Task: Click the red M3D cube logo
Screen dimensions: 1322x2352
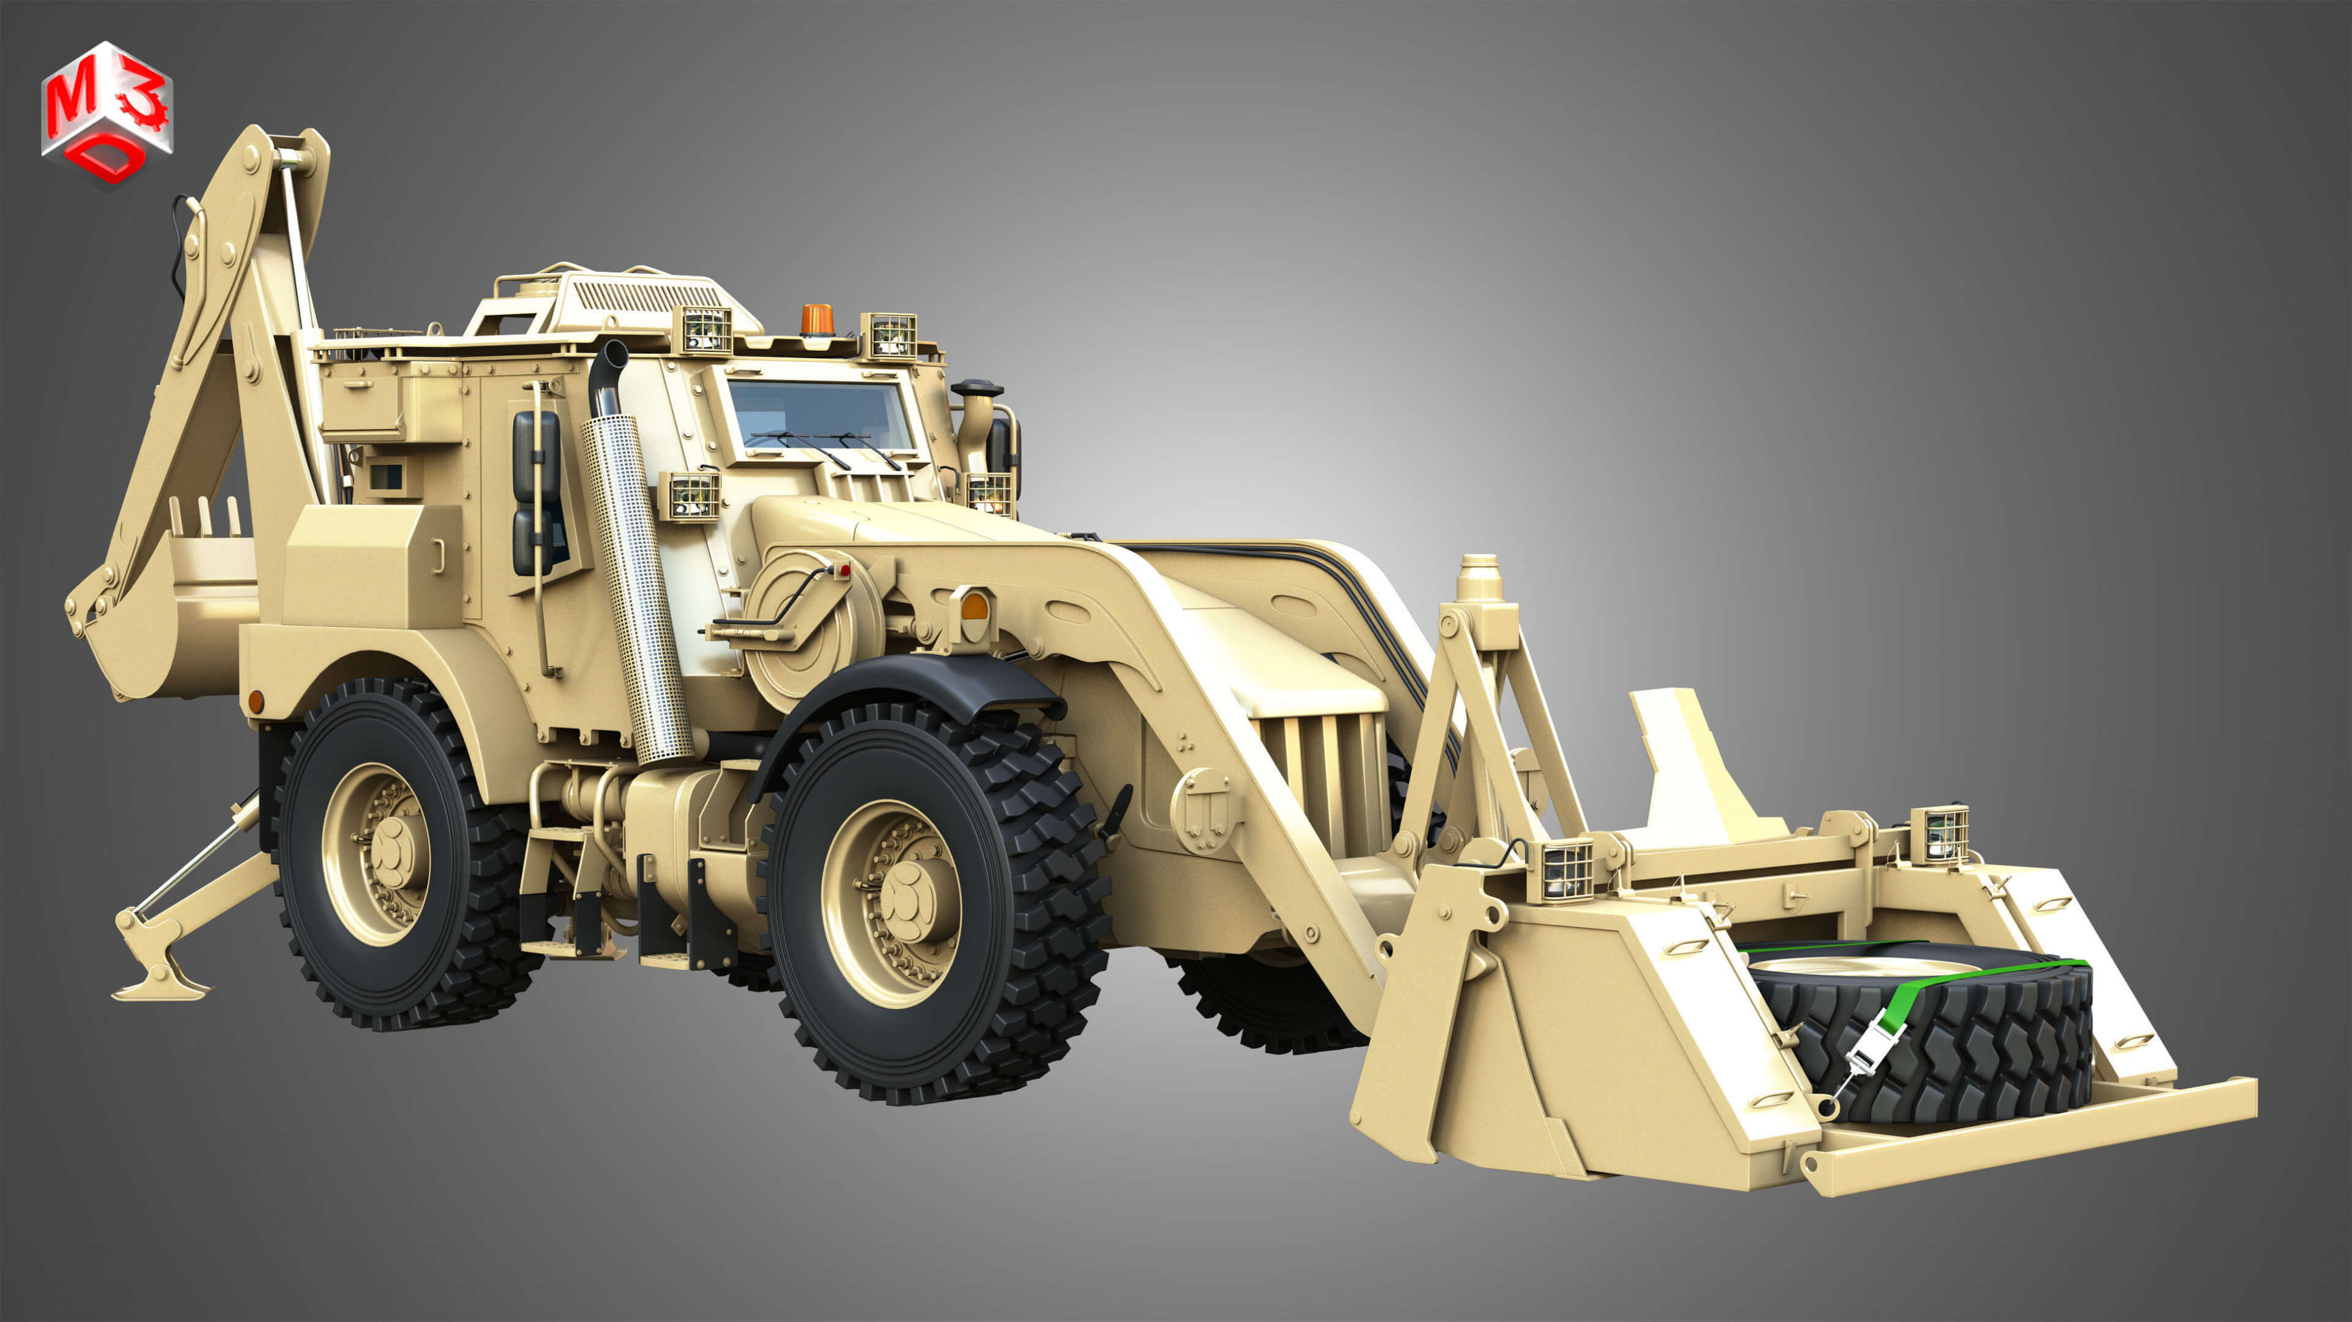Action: [107, 114]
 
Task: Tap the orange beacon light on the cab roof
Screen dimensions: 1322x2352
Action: [815, 320]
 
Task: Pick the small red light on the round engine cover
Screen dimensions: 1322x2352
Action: [845, 571]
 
